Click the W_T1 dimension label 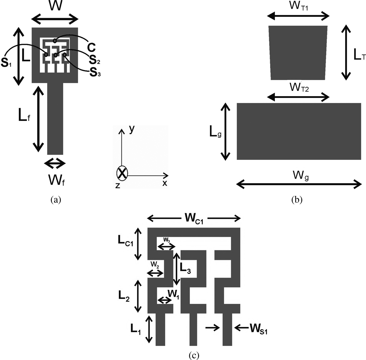[x=299, y=6]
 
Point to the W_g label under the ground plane [x=301, y=176]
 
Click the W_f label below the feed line [x=56, y=180]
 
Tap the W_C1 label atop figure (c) [x=194, y=218]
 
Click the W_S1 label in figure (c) [x=258, y=329]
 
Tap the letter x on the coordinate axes [x=164, y=183]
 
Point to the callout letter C [x=91, y=48]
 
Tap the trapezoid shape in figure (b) [x=298, y=53]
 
